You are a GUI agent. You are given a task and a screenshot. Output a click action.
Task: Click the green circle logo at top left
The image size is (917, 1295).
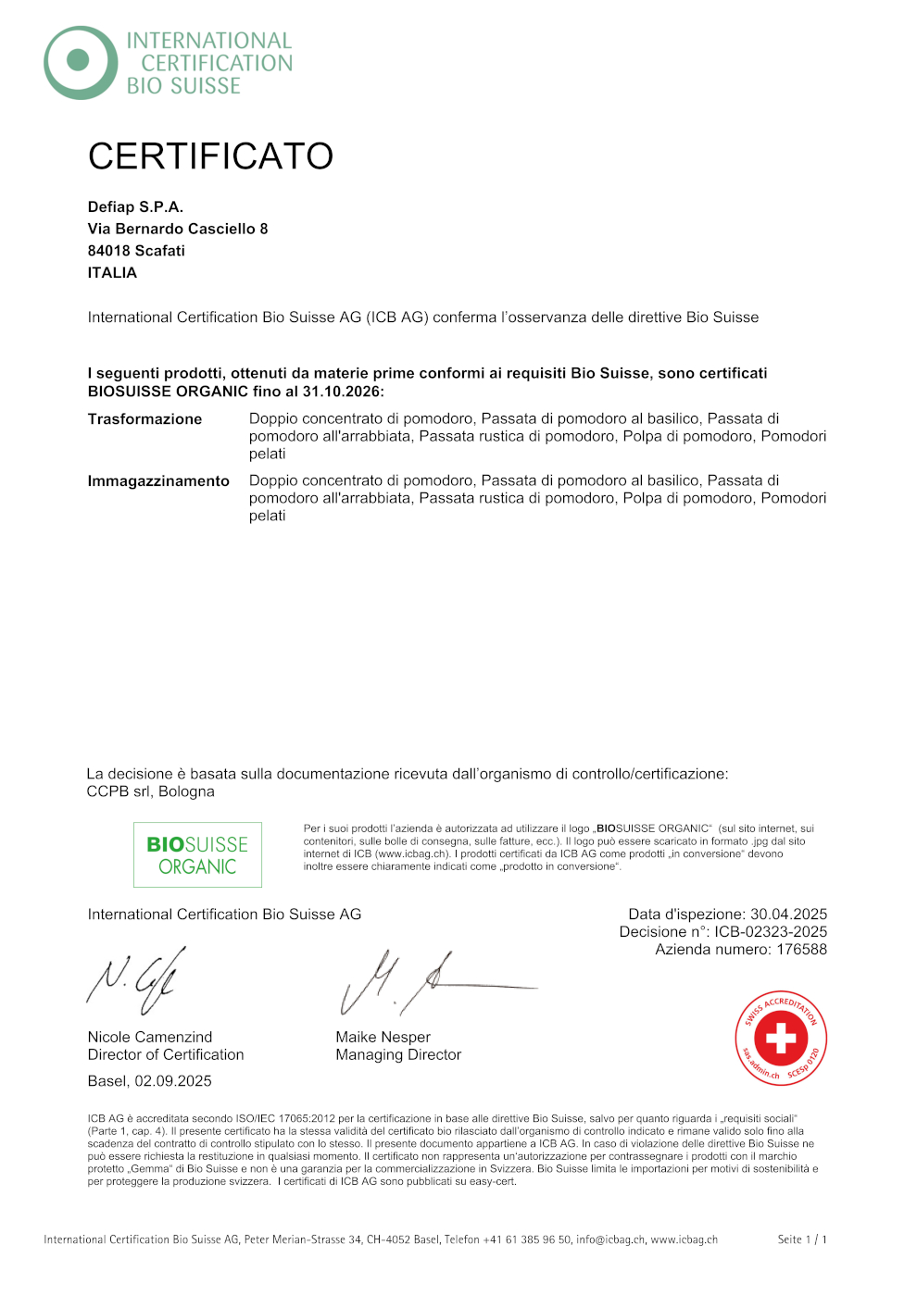coord(80,62)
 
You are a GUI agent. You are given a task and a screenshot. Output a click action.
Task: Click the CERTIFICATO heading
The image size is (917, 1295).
coord(210,156)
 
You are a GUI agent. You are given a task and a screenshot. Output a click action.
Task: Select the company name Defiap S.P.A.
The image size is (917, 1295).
coord(135,206)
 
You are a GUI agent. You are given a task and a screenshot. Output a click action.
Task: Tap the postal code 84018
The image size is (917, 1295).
coord(109,251)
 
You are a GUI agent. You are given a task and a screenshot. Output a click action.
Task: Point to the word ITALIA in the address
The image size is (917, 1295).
coord(112,273)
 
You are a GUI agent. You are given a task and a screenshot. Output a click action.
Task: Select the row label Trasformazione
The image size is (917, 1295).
coord(144,419)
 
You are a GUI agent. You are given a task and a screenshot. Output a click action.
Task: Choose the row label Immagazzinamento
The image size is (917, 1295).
coord(158,481)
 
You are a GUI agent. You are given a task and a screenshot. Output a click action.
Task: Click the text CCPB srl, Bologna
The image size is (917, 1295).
coord(150,791)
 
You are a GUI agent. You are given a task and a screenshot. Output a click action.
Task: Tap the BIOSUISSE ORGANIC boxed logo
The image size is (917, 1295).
coord(197,855)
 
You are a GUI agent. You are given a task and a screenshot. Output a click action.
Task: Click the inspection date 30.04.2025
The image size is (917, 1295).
coord(788,915)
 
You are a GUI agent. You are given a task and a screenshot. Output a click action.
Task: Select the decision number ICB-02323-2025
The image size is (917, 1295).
coord(770,932)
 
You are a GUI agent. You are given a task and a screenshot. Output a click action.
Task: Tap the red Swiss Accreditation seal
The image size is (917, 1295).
coord(780,1038)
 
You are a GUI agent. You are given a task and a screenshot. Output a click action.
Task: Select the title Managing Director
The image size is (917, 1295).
coord(398,1055)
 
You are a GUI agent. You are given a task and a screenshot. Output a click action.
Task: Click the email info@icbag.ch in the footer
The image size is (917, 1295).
coord(609,1239)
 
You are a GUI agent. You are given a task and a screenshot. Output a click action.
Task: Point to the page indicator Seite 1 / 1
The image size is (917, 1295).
coord(802,1239)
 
